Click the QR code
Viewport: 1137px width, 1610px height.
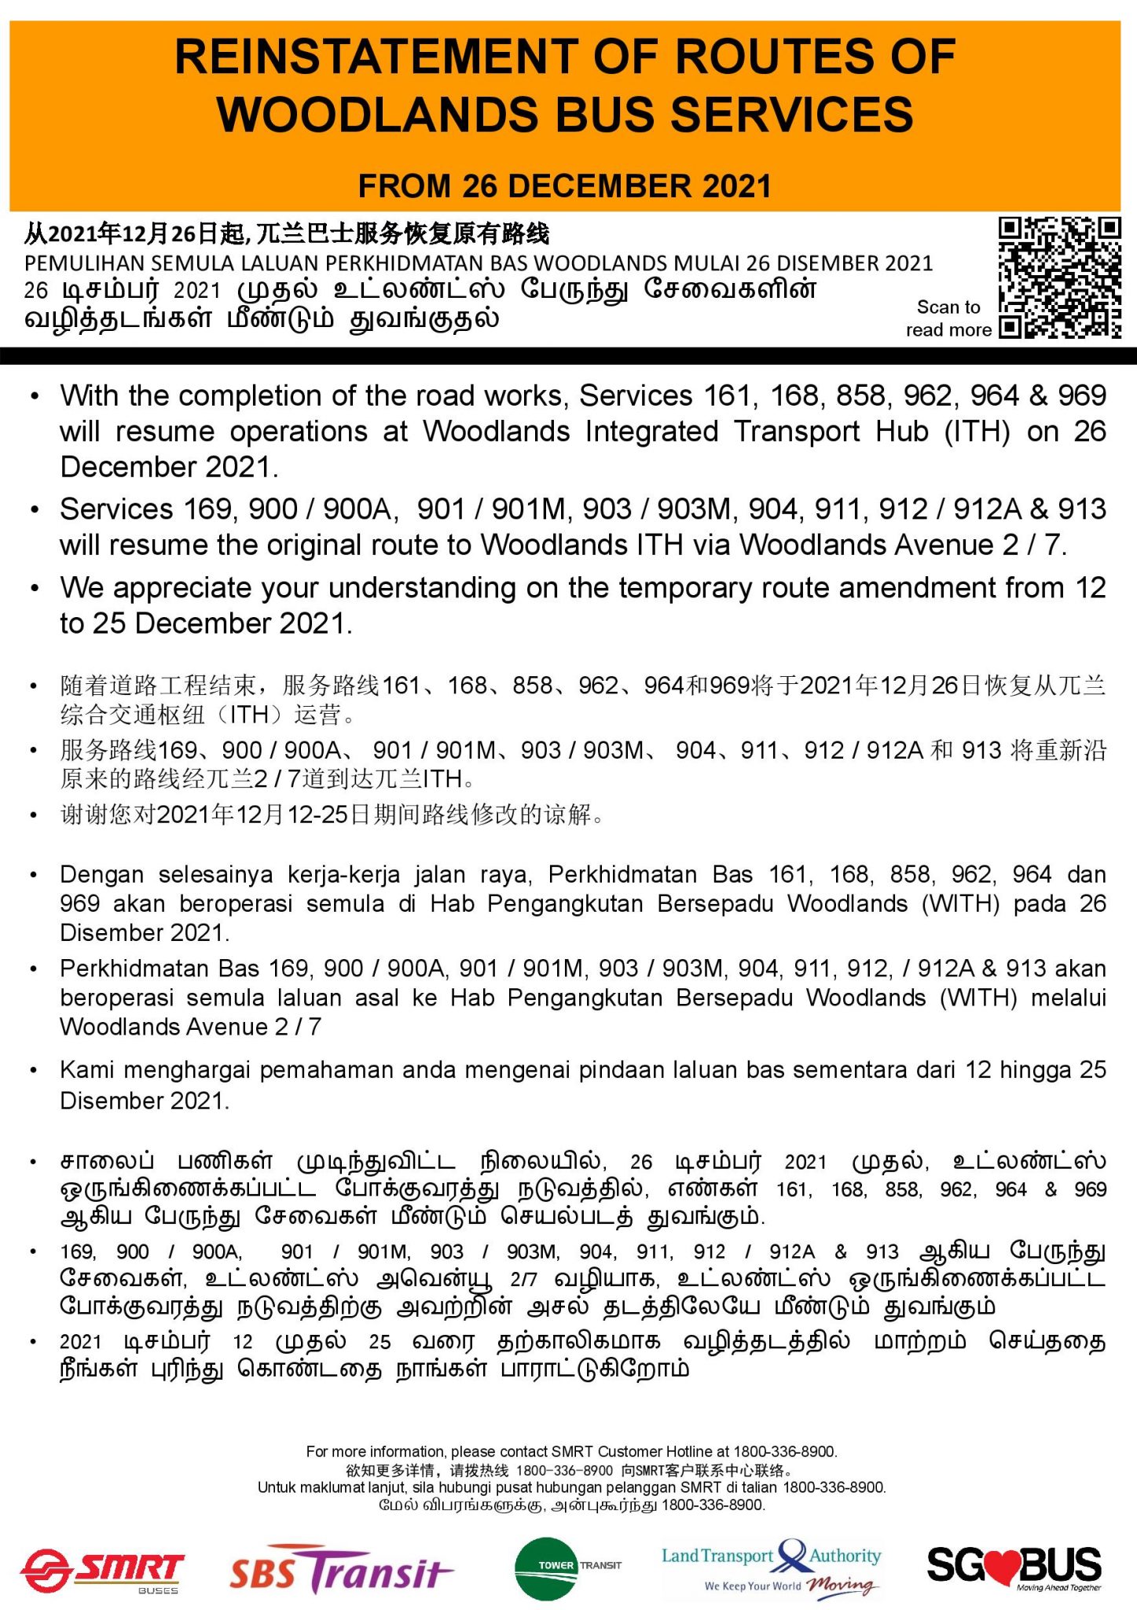tap(1059, 277)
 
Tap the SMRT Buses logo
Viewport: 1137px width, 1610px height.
tap(102, 1570)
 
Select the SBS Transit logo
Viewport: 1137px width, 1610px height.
tap(340, 1570)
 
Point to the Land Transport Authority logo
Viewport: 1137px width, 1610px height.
tap(771, 1568)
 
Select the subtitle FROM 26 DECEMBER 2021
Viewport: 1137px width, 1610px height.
tap(565, 186)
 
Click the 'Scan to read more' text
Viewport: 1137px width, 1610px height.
tap(948, 318)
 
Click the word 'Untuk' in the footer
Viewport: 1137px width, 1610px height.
tap(277, 1487)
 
